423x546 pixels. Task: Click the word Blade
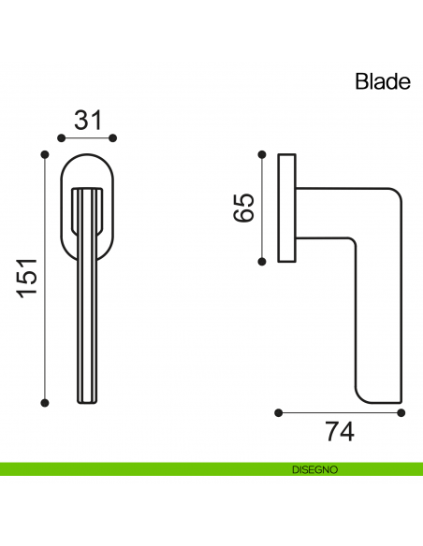pyautogui.click(x=383, y=81)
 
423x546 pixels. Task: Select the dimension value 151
pyautogui.click(x=27, y=278)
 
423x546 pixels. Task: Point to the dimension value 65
pyautogui.click(x=242, y=207)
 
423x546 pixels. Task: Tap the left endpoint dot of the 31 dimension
pyautogui.click(x=62, y=137)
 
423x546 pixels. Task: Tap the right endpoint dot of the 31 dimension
pyautogui.click(x=113, y=137)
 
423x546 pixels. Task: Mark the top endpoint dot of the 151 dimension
pyautogui.click(x=45, y=151)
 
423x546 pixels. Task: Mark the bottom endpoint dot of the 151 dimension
pyautogui.click(x=45, y=403)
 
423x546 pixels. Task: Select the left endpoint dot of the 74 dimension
pyautogui.click(x=279, y=411)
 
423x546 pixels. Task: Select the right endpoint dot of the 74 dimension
pyautogui.click(x=401, y=411)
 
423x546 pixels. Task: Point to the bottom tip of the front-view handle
pyautogui.click(x=87, y=400)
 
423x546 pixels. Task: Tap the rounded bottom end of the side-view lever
pyautogui.click(x=380, y=393)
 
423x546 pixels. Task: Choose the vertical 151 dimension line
pyautogui.click(x=45, y=327)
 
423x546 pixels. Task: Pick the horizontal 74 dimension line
pyautogui.click(x=340, y=411)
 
